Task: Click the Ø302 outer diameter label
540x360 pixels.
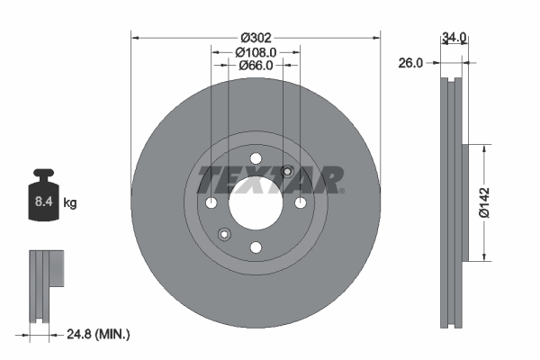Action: click(x=256, y=38)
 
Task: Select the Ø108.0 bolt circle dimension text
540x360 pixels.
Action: click(x=256, y=52)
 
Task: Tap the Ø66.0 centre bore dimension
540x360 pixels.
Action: click(x=256, y=66)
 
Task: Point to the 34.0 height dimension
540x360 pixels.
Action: click(x=454, y=38)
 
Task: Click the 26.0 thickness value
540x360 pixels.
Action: click(x=411, y=63)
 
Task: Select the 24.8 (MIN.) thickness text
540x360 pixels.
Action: click(x=99, y=334)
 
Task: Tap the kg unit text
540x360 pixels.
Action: click(x=70, y=203)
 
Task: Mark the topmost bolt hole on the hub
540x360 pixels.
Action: click(x=255, y=159)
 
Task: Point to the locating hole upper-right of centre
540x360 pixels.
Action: click(x=287, y=172)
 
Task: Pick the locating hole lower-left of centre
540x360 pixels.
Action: click(x=224, y=235)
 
